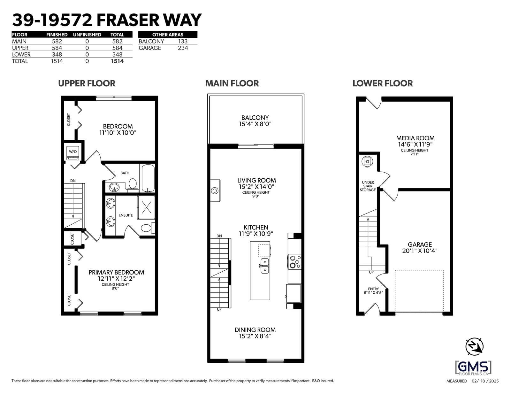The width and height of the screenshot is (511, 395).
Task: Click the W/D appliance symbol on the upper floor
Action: click(x=73, y=153)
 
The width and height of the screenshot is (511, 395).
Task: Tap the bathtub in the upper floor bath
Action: click(x=148, y=178)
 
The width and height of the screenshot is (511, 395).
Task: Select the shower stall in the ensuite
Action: click(x=146, y=208)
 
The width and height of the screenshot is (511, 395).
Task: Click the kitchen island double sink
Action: click(x=265, y=266)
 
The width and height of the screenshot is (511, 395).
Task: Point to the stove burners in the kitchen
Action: click(x=295, y=262)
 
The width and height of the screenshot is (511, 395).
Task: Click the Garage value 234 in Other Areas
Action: click(x=183, y=48)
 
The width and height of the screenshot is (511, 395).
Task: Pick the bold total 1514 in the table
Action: click(x=117, y=61)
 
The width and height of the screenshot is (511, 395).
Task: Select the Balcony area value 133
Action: click(x=183, y=42)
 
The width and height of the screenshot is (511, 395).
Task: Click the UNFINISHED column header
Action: click(x=87, y=35)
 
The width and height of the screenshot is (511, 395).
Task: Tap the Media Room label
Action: click(x=415, y=138)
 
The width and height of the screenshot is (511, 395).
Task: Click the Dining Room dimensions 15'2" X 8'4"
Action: click(x=255, y=336)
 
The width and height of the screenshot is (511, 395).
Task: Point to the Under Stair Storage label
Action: click(x=368, y=186)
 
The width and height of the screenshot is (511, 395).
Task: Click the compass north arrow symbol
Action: click(x=475, y=346)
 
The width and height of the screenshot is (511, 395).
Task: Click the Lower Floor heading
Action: click(x=383, y=83)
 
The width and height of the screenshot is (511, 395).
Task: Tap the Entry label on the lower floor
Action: click(x=373, y=289)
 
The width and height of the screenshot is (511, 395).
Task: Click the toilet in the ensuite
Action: click(x=148, y=228)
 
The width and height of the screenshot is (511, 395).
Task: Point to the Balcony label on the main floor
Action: click(x=255, y=118)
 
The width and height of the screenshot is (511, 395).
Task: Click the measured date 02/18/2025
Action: click(x=485, y=381)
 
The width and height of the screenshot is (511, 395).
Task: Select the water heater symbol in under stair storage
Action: click(x=367, y=162)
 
